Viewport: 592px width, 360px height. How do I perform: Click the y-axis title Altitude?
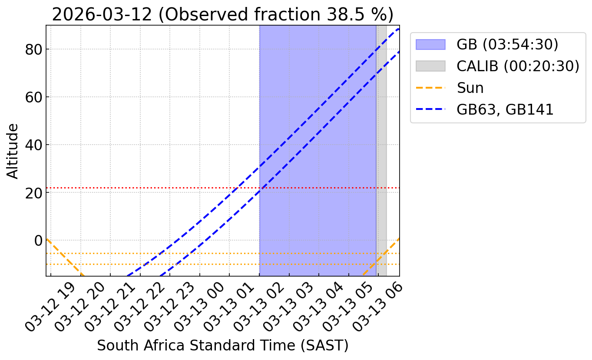coord(13,151)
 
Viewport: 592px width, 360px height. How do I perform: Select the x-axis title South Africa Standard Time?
coord(222,345)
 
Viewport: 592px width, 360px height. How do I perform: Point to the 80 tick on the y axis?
coord(33,50)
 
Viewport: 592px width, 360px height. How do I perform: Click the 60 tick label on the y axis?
coord(33,97)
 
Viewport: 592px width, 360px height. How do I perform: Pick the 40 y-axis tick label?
coord(33,145)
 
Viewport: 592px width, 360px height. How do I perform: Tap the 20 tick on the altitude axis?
coord(33,193)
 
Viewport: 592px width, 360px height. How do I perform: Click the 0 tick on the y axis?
coord(38,241)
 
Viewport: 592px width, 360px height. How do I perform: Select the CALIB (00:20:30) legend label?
coord(518,66)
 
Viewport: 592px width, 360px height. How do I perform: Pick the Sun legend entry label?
coord(470,88)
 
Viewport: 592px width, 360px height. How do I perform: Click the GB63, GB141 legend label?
coord(505,109)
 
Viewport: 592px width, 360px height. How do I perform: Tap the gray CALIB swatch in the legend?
coord(430,66)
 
